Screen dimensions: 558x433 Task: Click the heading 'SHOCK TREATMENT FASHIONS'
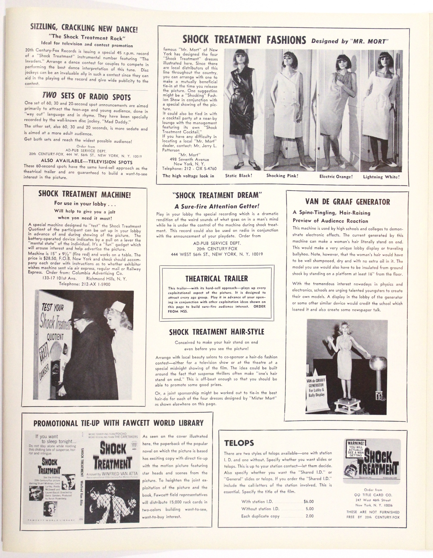tap(244, 39)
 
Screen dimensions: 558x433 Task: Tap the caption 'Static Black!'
tap(239, 176)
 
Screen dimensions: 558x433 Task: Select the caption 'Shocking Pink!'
tap(282, 176)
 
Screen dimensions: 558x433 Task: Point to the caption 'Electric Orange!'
tap(336, 177)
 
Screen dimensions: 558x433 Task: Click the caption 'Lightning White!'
tap(381, 177)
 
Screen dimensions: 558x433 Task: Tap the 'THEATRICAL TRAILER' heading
tap(216, 278)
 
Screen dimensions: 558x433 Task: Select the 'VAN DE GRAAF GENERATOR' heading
tap(347, 202)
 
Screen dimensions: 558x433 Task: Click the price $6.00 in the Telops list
tap(309, 501)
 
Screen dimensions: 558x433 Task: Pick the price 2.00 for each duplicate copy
tap(310, 516)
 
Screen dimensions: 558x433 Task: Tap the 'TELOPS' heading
tap(239, 443)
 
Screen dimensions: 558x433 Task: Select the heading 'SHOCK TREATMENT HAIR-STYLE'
tap(216, 332)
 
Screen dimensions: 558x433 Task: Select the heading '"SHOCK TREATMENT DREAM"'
tap(217, 195)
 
